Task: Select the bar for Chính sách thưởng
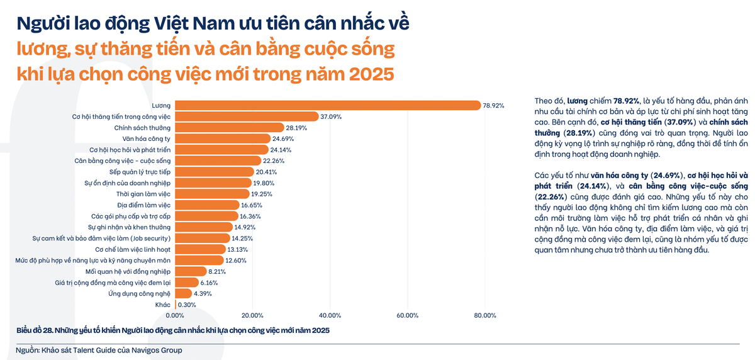(x=230, y=127)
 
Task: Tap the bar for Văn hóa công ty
(x=223, y=138)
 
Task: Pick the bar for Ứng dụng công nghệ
(x=183, y=293)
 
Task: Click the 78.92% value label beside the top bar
(x=493, y=106)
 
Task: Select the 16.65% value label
(x=252, y=205)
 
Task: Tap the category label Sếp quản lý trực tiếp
(x=140, y=172)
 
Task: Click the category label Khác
(x=163, y=305)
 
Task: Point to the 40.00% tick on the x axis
(x=330, y=315)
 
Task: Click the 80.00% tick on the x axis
(x=485, y=315)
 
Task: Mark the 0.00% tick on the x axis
(x=174, y=315)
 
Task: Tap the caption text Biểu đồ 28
(x=34, y=330)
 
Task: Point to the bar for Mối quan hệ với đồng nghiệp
(x=190, y=271)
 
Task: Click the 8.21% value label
(x=217, y=272)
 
